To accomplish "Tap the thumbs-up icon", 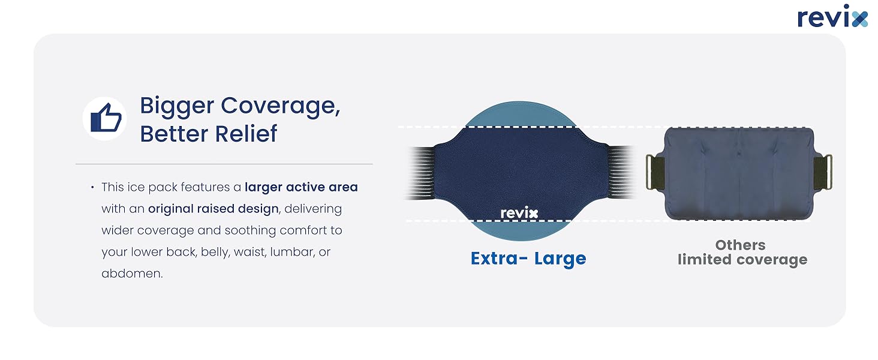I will pyautogui.click(x=105, y=118).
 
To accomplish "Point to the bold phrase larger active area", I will pyautogui.click(x=301, y=187).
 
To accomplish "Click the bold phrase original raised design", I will pyautogui.click(x=214, y=209).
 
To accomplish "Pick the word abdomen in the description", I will pyautogui.click(x=132, y=274).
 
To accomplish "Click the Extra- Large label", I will pyautogui.click(x=528, y=259).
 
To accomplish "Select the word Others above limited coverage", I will pyautogui.click(x=740, y=245).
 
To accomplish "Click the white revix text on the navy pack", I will pyautogui.click(x=519, y=213).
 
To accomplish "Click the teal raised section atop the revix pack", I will pyautogui.click(x=521, y=115).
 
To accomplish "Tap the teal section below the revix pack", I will pyautogui.click(x=521, y=230).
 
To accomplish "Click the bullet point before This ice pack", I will pyautogui.click(x=92, y=187).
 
